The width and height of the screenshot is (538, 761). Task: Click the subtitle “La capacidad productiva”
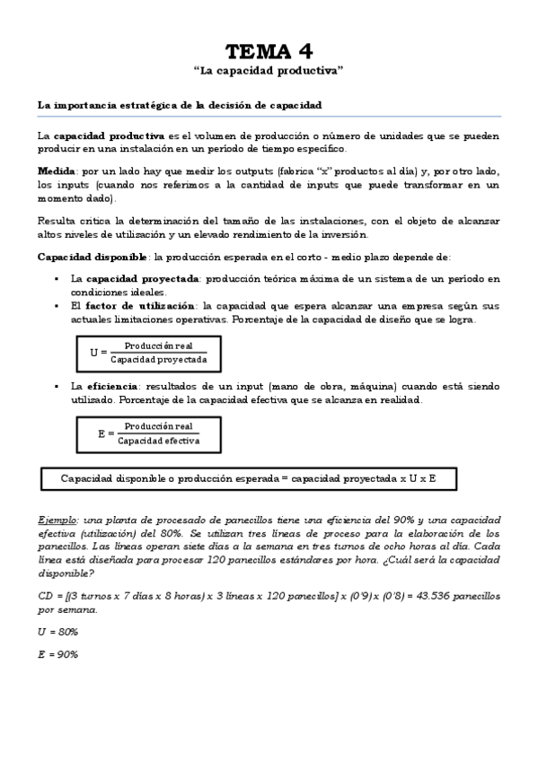(269, 70)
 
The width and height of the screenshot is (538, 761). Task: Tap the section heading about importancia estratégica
(180, 105)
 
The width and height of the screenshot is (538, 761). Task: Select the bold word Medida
(56, 171)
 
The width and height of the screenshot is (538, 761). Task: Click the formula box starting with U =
(149, 352)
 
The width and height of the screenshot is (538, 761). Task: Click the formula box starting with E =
(149, 433)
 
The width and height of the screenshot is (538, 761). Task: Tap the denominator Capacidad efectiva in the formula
(159, 441)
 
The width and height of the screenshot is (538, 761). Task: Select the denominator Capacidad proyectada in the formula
(159, 359)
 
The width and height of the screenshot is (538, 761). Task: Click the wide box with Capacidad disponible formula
(249, 479)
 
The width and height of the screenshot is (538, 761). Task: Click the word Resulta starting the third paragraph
(56, 221)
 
